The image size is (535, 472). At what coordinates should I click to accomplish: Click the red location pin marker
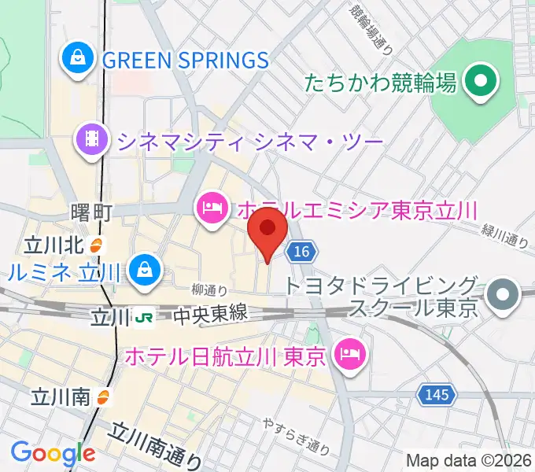[267, 229]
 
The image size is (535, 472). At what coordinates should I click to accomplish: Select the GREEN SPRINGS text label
[186, 59]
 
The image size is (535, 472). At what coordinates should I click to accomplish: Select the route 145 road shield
[432, 393]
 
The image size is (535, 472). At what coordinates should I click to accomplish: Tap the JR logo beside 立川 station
[146, 316]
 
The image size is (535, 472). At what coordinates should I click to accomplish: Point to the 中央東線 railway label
[210, 315]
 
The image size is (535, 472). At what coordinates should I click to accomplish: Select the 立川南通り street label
[156, 447]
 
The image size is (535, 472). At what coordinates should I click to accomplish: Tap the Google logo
[52, 454]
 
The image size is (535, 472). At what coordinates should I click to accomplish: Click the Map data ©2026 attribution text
[467, 461]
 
